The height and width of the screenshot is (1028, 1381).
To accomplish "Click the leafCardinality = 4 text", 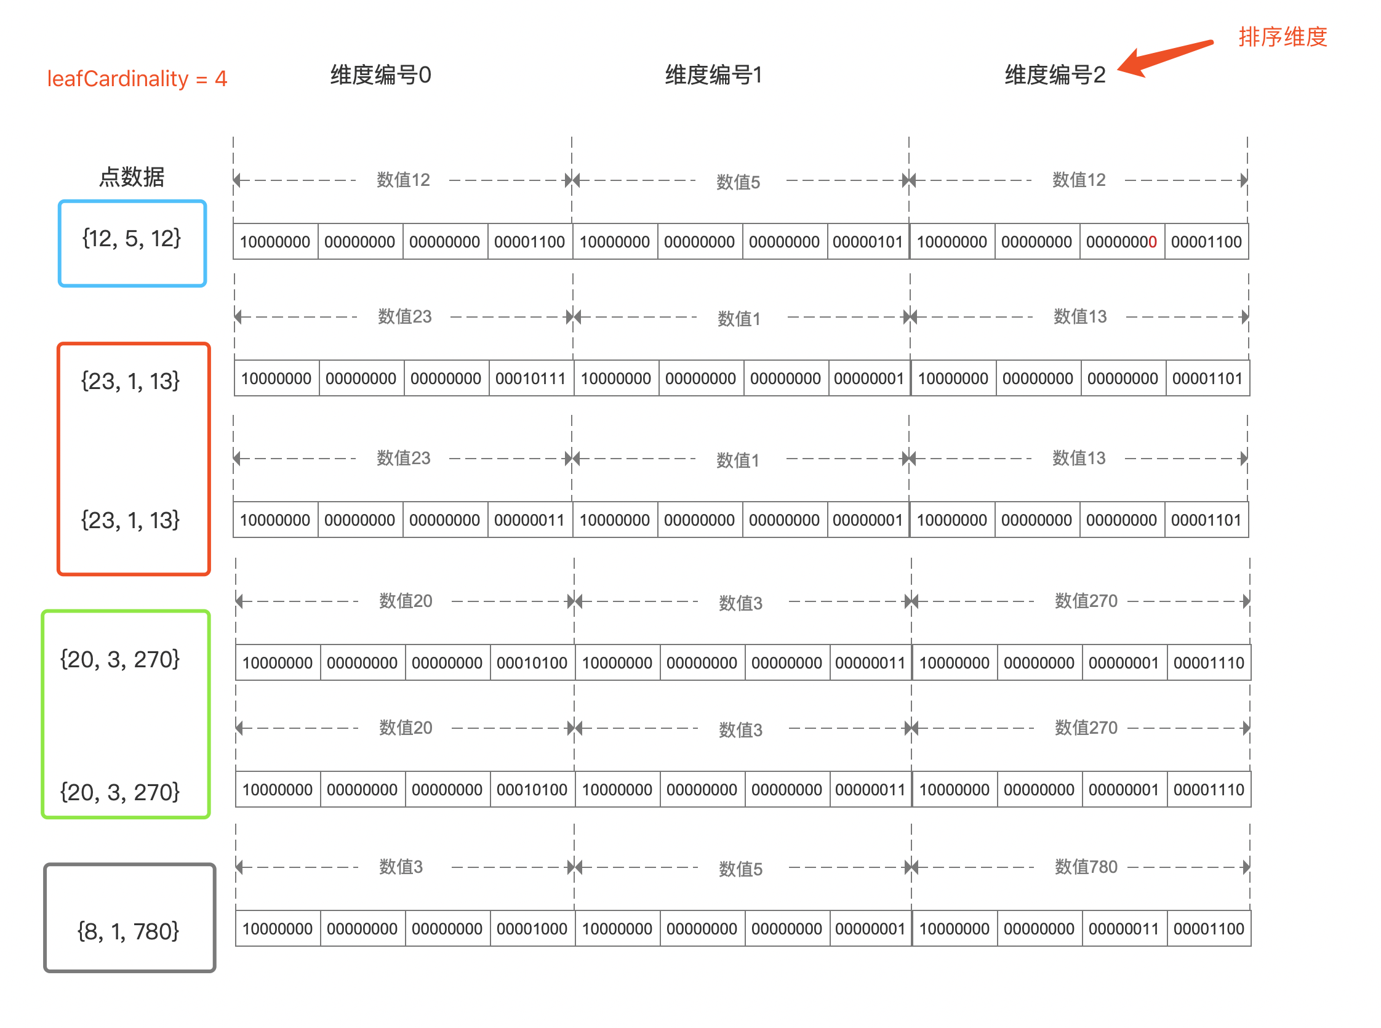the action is [137, 78].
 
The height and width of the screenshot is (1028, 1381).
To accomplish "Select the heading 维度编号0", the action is [381, 74].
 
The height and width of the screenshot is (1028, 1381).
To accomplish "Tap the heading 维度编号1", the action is [713, 74].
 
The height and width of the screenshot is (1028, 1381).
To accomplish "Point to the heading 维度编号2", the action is [1055, 74].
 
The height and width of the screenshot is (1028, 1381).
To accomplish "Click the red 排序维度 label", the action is [1283, 37].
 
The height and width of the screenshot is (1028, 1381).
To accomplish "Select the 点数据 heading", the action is [132, 177].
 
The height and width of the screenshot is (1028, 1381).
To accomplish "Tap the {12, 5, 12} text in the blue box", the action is [132, 238].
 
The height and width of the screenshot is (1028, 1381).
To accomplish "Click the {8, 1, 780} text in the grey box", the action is [128, 931].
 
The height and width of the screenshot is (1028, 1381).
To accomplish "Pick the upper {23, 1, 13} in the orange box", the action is [130, 381].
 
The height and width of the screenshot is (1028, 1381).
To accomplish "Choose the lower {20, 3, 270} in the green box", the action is [120, 792].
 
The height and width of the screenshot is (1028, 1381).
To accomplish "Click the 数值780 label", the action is [1086, 867].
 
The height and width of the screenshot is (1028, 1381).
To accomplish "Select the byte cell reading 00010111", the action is [530, 379].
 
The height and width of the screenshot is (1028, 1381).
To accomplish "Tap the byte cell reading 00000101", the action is [868, 241].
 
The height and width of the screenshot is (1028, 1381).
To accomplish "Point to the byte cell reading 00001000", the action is [532, 929].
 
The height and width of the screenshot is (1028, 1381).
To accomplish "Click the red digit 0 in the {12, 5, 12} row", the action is [1153, 242].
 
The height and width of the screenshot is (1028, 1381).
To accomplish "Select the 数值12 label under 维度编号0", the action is [403, 180].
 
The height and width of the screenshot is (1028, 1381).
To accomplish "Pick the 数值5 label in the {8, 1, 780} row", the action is [740, 869].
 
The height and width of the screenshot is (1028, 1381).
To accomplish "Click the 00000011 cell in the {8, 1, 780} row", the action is [1124, 929].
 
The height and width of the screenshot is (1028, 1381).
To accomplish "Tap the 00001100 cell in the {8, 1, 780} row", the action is [1209, 929].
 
